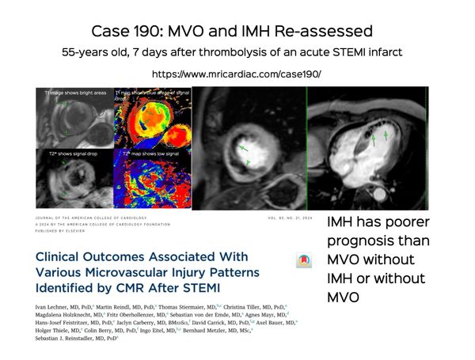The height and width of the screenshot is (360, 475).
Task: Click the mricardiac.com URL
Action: click(x=236, y=74)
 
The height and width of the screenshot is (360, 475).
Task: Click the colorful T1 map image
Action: click(x=152, y=119)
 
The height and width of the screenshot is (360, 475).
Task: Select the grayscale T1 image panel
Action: click(x=75, y=119)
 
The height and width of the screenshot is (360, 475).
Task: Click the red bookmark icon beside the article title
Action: click(x=302, y=261)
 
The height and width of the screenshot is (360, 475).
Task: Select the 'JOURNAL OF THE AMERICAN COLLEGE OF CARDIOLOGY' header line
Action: click(x=87, y=217)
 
